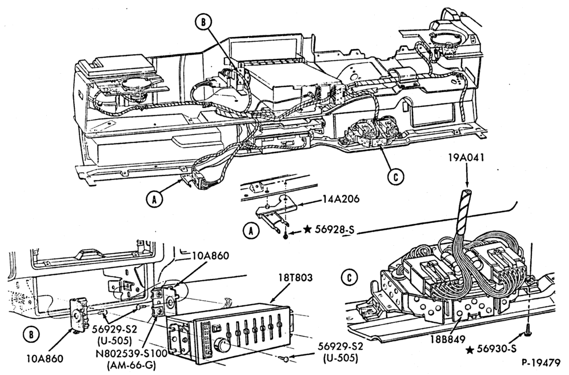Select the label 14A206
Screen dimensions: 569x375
pyautogui.click(x=340, y=198)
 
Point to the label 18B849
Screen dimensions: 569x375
pyautogui.click(x=448, y=340)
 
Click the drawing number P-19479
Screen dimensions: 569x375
pyautogui.click(x=542, y=362)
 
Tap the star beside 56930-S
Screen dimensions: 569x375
pyautogui.click(x=470, y=350)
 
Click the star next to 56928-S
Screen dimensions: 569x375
pyautogui.click(x=307, y=229)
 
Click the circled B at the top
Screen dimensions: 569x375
pyautogui.click(x=203, y=22)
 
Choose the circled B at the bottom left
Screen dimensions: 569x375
pyautogui.click(x=31, y=334)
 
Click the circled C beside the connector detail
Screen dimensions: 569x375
pyautogui.click(x=349, y=278)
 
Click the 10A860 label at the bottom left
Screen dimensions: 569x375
pyautogui.click(x=45, y=358)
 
